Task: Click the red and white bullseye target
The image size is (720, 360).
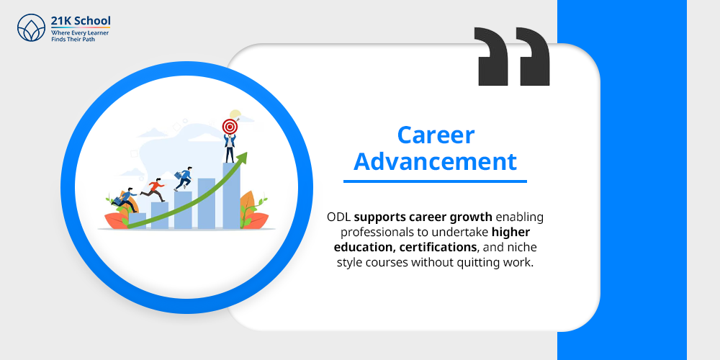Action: click(x=230, y=127)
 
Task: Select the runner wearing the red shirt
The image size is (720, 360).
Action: click(x=154, y=189)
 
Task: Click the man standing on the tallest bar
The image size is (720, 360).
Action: click(x=230, y=148)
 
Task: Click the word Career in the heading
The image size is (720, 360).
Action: click(x=436, y=135)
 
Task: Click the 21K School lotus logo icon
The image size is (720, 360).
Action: click(x=30, y=28)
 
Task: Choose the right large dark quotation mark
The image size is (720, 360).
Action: click(x=534, y=57)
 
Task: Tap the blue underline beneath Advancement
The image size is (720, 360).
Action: click(x=440, y=181)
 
